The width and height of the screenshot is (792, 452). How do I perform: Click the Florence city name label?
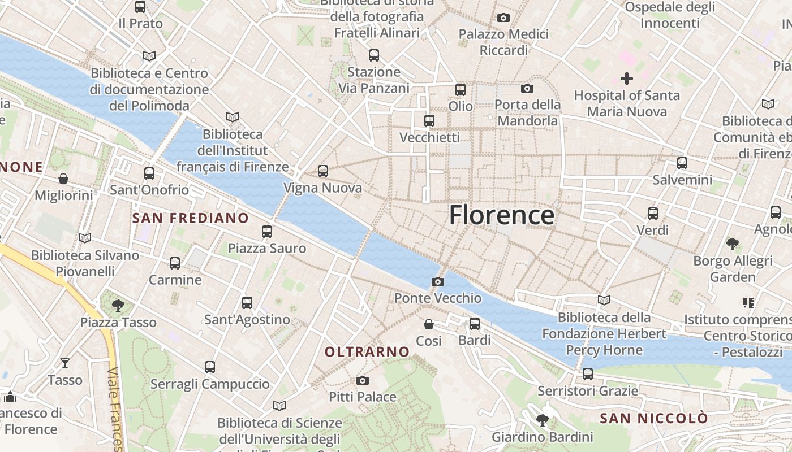pyautogui.click(x=501, y=215)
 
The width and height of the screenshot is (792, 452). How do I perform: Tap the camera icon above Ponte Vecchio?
pyautogui.click(x=437, y=281)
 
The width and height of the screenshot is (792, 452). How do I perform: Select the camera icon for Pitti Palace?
pyautogui.click(x=363, y=380)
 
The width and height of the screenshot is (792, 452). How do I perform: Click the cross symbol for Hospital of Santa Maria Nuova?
pyautogui.click(x=627, y=79)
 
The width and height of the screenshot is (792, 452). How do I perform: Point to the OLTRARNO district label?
pyautogui.click(x=367, y=351)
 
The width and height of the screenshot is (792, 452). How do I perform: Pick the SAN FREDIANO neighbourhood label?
pyautogui.click(x=190, y=218)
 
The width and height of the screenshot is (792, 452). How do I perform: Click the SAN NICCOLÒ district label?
pyautogui.click(x=653, y=418)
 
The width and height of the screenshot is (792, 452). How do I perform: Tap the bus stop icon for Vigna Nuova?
pyautogui.click(x=323, y=171)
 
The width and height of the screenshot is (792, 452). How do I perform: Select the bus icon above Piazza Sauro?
pyautogui.click(x=267, y=231)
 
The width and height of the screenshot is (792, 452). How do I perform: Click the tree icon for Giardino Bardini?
pyautogui.click(x=542, y=420)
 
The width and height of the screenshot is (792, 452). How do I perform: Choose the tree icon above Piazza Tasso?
pyautogui.click(x=118, y=306)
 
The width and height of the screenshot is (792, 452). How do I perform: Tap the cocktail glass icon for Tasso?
pyautogui.click(x=65, y=363)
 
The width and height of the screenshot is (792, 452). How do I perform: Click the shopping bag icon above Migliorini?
pyautogui.click(x=63, y=179)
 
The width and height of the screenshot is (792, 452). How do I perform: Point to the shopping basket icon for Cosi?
pyautogui.click(x=429, y=324)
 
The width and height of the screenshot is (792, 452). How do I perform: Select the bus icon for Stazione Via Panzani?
pyautogui.click(x=374, y=55)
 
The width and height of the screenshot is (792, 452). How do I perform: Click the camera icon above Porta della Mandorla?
pyautogui.click(x=527, y=88)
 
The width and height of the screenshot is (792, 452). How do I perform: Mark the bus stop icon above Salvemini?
pyautogui.click(x=682, y=163)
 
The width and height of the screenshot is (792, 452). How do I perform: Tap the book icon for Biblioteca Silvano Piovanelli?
pyautogui.click(x=85, y=238)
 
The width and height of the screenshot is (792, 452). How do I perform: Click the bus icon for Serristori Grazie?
pyautogui.click(x=588, y=374)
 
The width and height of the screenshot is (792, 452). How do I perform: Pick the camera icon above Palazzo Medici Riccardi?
pyautogui.click(x=503, y=18)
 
